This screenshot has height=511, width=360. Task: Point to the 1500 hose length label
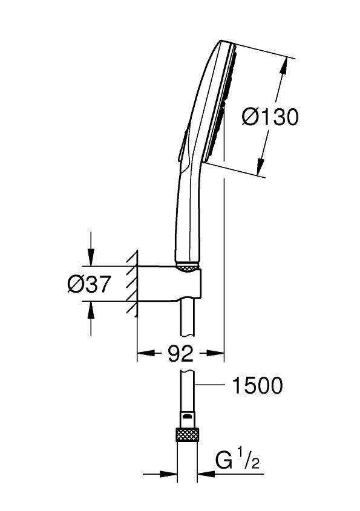pos(257,385)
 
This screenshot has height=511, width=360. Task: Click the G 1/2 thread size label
pos(237,458)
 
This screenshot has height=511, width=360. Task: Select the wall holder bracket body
pos(169,283)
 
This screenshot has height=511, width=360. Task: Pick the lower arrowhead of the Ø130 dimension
pos(261,167)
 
